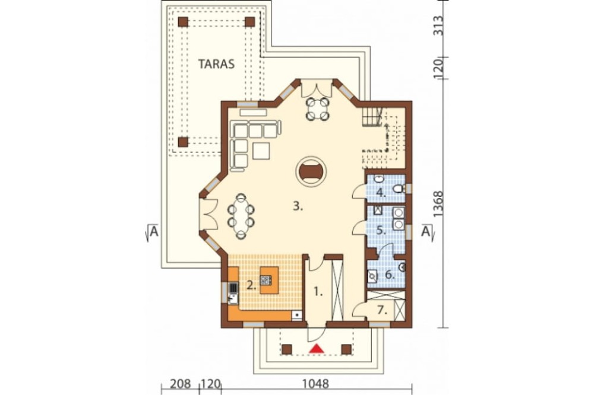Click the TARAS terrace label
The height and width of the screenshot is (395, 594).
click(x=217, y=64)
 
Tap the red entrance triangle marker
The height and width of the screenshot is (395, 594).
click(x=317, y=349)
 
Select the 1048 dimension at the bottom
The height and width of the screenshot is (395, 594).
click(x=315, y=384)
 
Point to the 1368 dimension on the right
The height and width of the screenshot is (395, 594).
click(x=438, y=204)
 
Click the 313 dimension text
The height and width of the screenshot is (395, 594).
click(x=438, y=26)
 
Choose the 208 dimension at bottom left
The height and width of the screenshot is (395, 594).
click(x=180, y=384)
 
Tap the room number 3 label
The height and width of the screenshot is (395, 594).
click(x=298, y=206)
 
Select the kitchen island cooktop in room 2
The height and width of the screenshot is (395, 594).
click(x=266, y=281)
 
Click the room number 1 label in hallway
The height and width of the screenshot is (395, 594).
click(x=318, y=292)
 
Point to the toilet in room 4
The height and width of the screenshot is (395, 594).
click(x=398, y=188)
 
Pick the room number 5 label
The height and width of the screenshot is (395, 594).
click(x=381, y=230)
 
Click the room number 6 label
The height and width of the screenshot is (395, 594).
click(x=390, y=274)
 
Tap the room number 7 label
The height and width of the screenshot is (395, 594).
click(x=383, y=310)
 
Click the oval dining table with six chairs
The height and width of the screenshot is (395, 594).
click(x=241, y=216)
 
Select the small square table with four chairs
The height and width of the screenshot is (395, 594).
click(x=317, y=109)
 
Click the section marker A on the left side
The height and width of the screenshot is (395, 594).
click(x=153, y=231)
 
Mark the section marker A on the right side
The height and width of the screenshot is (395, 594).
click(x=426, y=231)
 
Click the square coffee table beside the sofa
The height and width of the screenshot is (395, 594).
click(x=261, y=151)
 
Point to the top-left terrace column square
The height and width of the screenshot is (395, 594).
click(x=184, y=22)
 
